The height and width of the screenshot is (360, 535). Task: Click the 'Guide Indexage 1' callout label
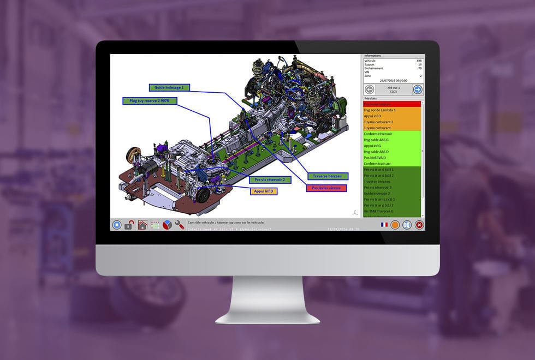pos(169,87)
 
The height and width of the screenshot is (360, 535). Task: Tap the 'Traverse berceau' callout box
pos(328,176)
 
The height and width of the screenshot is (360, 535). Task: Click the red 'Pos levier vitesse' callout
pos(326,188)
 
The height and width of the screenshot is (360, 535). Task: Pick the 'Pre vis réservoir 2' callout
pos(270,179)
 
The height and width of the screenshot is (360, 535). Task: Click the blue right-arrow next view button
pos(418,89)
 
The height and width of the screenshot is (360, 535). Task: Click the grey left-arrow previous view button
pos(369,89)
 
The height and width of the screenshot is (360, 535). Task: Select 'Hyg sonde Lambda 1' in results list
pos(391,110)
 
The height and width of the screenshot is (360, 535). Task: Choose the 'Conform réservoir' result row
pos(391,134)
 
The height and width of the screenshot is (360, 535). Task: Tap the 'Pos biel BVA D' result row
pos(391,158)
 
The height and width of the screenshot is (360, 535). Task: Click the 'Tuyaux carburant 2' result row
pos(391,122)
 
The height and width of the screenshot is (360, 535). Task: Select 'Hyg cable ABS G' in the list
pos(391,140)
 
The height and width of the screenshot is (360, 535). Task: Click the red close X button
pos(419,225)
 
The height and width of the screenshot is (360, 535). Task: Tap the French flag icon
pos(384,225)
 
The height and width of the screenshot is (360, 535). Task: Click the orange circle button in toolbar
pos(395,225)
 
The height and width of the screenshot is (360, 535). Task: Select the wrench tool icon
pos(180,225)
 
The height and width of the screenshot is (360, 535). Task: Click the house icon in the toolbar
pos(142,225)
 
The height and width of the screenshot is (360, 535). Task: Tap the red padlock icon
pos(129,225)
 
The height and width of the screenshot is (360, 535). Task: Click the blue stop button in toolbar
pos(117,225)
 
